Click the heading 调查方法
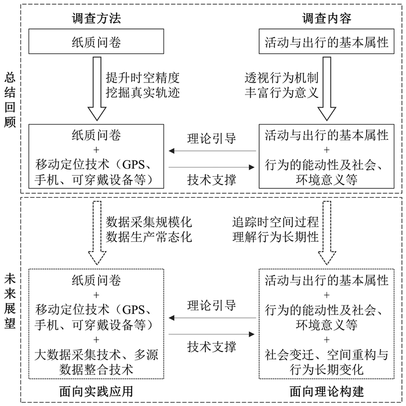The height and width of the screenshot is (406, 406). pos(96,19)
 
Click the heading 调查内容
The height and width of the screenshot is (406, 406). pos(327,19)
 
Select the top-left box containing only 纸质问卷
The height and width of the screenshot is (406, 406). pos(96,43)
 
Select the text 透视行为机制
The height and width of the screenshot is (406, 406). pos(281,78)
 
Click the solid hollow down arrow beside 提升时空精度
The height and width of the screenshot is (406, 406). pos(96,87)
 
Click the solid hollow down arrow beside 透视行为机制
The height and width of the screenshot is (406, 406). pos(328,87)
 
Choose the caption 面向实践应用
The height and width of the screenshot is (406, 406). pos(96,391)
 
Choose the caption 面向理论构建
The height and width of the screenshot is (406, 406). pos(327,391)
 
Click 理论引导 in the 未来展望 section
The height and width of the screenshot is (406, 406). pos(212,305)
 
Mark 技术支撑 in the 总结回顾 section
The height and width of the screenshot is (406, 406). pos(212,180)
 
